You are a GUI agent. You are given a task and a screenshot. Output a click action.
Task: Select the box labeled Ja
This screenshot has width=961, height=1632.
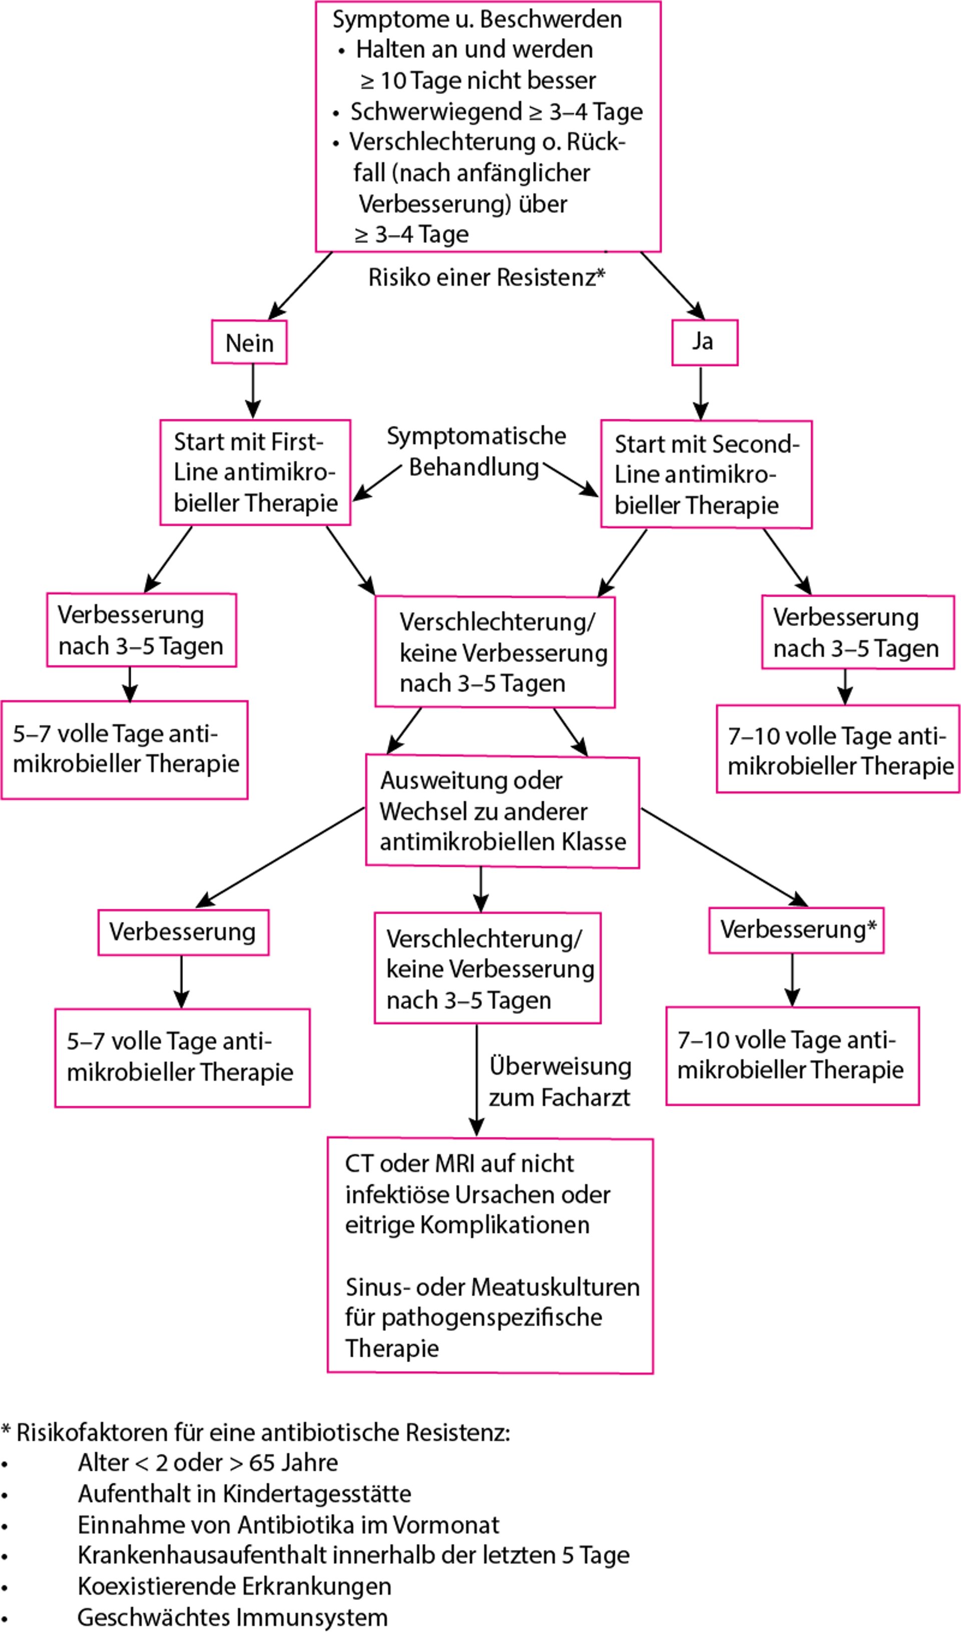coord(704,341)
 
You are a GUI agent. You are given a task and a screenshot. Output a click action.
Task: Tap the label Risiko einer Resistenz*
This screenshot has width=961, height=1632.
coord(487,277)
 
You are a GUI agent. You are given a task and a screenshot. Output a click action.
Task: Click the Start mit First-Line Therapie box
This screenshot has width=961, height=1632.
coord(255,472)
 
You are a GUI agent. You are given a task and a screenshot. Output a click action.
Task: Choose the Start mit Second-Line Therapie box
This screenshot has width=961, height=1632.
coord(706,474)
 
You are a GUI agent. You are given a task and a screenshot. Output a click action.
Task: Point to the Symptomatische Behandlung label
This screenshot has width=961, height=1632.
coord(475,451)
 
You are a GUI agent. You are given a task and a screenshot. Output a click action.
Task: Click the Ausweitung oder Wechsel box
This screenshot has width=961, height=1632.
coord(503,811)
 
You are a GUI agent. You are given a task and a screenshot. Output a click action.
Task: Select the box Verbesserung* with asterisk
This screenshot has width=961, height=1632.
coord(796,929)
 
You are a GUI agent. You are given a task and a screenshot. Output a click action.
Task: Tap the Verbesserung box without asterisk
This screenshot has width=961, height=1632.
coord(183,932)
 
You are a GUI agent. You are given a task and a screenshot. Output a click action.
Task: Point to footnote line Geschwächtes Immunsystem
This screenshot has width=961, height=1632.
coord(232,1616)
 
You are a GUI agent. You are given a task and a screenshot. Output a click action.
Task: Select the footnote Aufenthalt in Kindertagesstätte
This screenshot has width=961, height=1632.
coord(244,1493)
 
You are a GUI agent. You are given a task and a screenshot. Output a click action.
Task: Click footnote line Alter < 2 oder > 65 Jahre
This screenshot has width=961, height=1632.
coord(208,1462)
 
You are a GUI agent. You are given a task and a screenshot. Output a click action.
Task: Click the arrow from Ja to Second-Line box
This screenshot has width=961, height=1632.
coord(701,392)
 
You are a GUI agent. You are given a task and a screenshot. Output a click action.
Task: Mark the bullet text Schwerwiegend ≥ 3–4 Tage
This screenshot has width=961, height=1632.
coord(496,112)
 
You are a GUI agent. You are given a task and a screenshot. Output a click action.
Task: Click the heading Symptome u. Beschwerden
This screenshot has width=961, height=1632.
coord(476,20)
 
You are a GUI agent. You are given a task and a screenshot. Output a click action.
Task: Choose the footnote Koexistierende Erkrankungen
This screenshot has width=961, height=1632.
coord(234,1586)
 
